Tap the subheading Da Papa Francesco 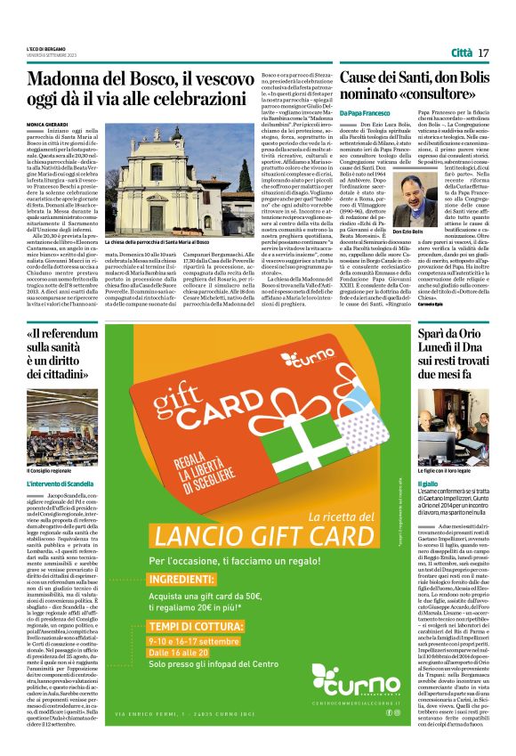tap(363, 114)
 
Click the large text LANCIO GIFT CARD tap(246, 538)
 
